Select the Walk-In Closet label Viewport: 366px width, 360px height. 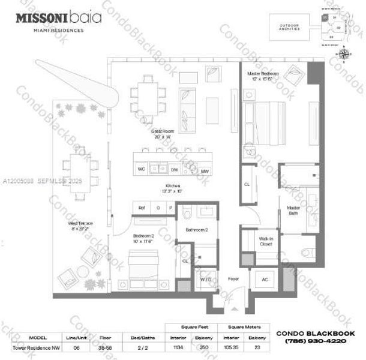click(266, 242)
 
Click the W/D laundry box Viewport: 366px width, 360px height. click(205, 279)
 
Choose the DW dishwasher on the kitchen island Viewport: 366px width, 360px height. click(175, 169)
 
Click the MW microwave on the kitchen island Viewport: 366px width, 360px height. click(205, 171)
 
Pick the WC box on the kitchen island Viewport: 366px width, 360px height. click(142, 169)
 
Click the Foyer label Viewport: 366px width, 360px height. click(233, 279)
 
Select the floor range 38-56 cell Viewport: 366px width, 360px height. click(105, 347)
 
